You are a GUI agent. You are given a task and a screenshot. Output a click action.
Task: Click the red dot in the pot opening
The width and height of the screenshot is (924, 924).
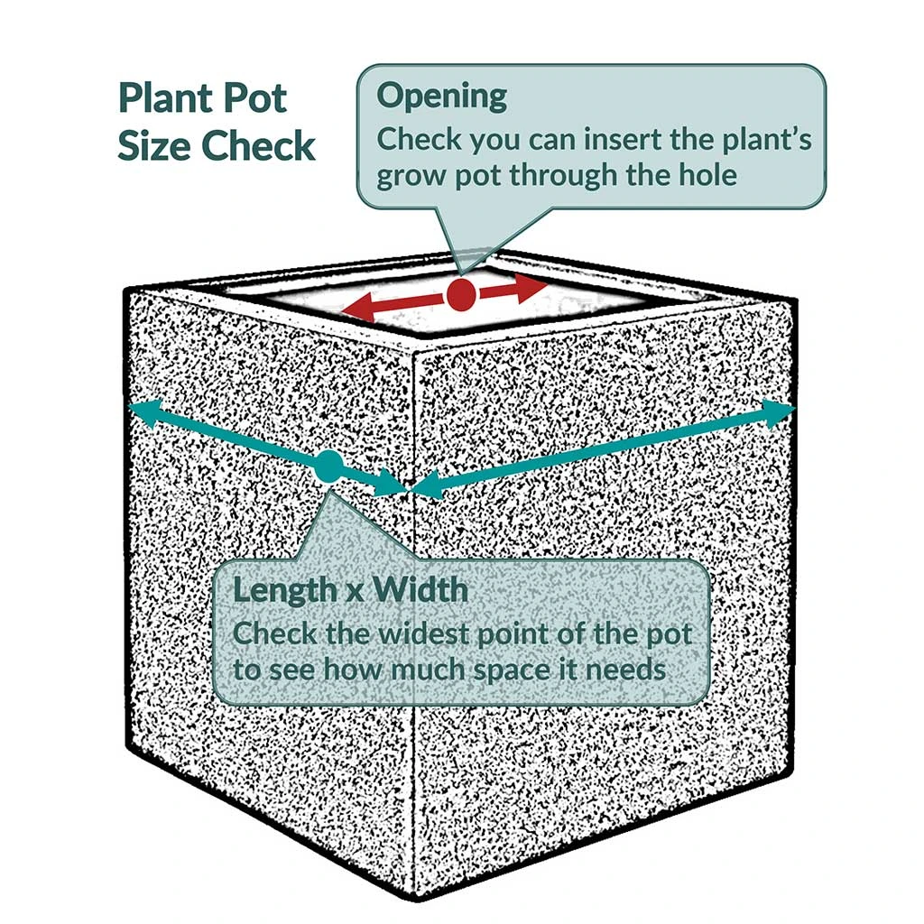click(461, 294)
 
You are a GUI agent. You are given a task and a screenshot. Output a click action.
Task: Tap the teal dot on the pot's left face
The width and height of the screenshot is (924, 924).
click(328, 467)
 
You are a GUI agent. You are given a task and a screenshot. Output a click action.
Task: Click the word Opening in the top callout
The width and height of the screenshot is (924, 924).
click(442, 97)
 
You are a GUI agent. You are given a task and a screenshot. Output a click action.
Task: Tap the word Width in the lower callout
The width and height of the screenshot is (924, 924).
click(421, 590)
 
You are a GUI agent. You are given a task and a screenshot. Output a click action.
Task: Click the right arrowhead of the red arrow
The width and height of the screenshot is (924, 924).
click(535, 287)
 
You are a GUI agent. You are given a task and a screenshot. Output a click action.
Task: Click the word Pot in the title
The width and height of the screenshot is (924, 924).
click(254, 98)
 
